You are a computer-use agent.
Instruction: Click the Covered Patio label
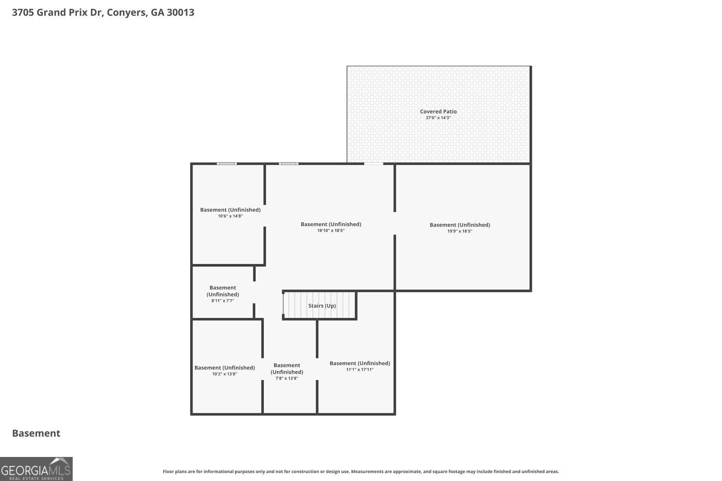pos(438,111)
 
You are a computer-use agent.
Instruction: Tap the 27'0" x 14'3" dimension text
pos(438,118)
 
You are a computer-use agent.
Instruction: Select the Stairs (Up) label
pos(322,305)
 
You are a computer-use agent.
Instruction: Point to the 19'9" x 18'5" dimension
pos(460,231)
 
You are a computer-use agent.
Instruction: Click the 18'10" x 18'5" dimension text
pos(331,231)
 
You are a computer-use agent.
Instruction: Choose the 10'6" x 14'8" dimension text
pos(230,216)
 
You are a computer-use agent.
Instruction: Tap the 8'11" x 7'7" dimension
pos(222,301)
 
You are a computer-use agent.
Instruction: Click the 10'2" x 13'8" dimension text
pos(224,374)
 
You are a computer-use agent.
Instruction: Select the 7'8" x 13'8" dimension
pos(286,379)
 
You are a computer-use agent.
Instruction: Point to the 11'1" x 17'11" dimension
pos(360,370)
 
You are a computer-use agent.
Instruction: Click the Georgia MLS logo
pos(36,469)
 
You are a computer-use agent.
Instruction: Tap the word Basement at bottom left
pos(36,433)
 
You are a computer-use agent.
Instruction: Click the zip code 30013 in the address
pos(180,13)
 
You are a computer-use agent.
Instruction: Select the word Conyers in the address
pos(127,13)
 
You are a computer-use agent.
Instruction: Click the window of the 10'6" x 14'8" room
pos(226,164)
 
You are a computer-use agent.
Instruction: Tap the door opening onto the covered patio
pos(374,164)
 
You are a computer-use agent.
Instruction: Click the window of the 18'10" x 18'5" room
pos(288,164)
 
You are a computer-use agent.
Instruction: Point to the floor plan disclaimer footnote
pos(361,472)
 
